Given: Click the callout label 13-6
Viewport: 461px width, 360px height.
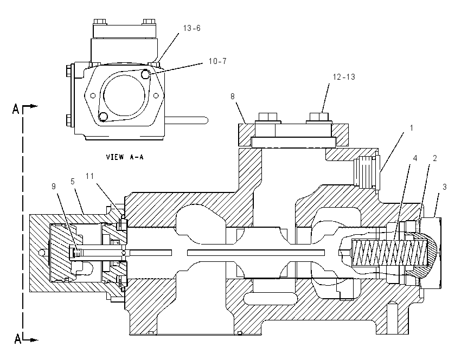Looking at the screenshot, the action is (x=191, y=28).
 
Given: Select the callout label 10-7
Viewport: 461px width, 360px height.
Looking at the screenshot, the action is (x=217, y=61).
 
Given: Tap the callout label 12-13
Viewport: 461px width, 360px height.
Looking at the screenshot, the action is (x=344, y=77).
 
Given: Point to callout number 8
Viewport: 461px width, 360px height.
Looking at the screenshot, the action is (x=233, y=97).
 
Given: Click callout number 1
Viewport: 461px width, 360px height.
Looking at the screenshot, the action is (x=412, y=128).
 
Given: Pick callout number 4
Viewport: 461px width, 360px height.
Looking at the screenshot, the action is (x=415, y=158).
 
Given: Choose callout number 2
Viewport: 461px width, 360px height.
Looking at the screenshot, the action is (x=435, y=158).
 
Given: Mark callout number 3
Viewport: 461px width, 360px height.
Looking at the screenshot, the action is (x=445, y=187).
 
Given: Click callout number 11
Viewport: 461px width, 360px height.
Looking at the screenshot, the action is (x=89, y=176).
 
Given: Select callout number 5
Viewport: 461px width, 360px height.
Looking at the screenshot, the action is (x=73, y=181).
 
